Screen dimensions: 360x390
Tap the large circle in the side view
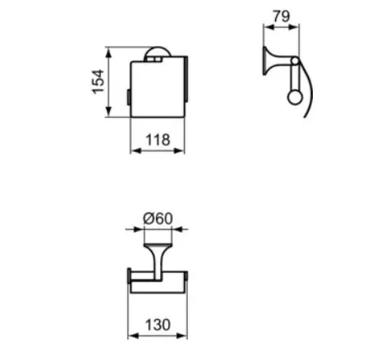(x=294, y=100)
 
